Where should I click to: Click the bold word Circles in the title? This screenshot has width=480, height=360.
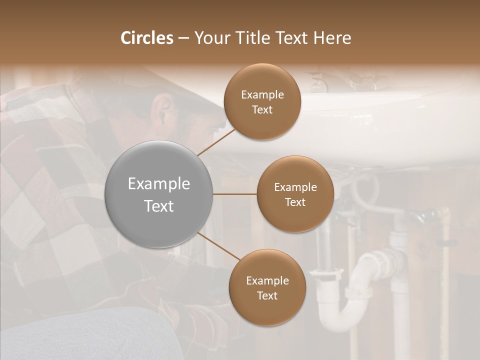[x=147, y=38]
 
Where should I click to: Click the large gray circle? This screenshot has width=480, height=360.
[x=158, y=194]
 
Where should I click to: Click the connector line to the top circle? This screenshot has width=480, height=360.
[x=217, y=141]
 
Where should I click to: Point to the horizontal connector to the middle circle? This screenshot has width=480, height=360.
[x=235, y=194]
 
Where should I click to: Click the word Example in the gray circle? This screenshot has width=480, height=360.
[x=158, y=184]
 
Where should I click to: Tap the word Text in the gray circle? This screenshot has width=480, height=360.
[x=158, y=206]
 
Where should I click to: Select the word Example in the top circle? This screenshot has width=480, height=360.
[x=262, y=95]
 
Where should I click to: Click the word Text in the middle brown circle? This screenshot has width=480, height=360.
[x=295, y=202]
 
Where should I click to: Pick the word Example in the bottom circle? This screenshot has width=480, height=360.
[x=267, y=281]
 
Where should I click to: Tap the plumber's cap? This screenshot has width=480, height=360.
[x=190, y=90]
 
